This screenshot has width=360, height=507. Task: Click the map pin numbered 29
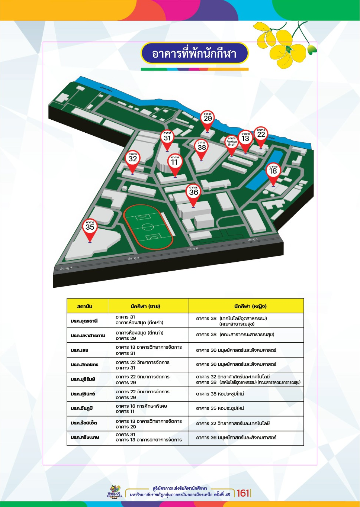(208, 118)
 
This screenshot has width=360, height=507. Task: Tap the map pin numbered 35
(90, 227)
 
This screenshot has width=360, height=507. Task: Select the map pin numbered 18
(273, 171)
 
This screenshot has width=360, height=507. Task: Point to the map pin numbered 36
(193, 192)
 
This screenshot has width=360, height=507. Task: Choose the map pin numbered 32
(132, 158)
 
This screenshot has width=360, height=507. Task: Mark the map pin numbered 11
(175, 162)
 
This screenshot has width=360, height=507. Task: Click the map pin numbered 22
(261, 134)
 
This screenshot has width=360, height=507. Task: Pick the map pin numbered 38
(202, 147)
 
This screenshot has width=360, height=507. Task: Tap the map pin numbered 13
(245, 138)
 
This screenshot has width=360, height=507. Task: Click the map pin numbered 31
(167, 138)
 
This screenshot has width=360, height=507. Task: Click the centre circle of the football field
(148, 226)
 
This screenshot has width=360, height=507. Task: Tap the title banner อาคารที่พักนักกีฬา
(194, 54)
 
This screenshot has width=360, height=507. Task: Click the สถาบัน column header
(85, 306)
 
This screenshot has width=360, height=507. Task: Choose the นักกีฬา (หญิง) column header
(250, 306)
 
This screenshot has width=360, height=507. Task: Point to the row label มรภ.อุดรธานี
(84, 320)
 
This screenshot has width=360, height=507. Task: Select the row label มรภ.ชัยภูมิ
(82, 408)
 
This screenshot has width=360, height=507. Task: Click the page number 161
(243, 493)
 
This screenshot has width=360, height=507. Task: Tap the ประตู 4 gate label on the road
(66, 268)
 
